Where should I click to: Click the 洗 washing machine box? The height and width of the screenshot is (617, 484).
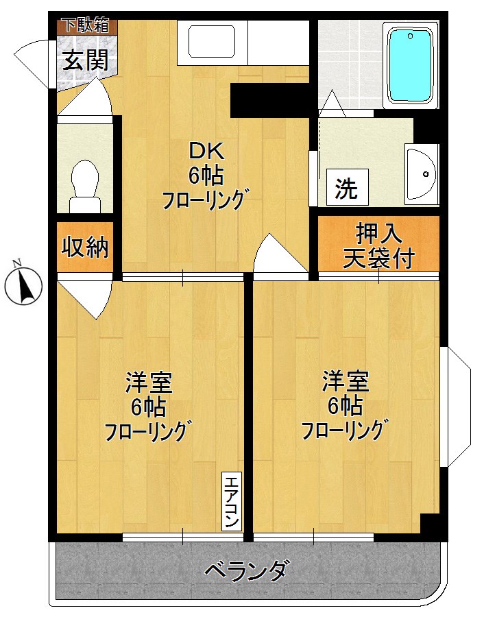346,187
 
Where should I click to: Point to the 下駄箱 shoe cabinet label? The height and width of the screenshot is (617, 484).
86,26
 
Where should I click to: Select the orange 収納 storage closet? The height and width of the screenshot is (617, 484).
86,247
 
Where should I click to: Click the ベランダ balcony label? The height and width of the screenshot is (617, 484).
246,570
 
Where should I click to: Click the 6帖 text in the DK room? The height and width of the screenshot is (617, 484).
206,176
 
